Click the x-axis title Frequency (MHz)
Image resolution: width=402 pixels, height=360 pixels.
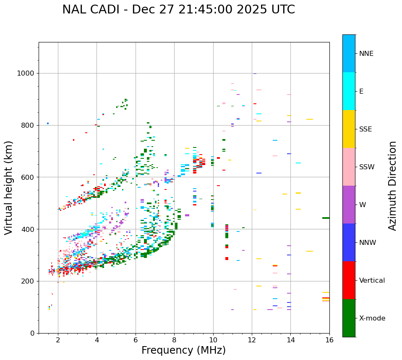click(183, 350)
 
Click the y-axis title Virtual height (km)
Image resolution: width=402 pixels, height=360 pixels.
click(9, 187)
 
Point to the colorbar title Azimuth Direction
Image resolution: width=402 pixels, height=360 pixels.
click(392, 186)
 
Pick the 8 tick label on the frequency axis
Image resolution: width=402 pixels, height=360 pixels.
click(175, 340)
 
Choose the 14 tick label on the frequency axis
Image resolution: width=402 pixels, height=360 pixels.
click(291, 340)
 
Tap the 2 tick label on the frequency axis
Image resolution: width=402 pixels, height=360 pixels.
click(58, 340)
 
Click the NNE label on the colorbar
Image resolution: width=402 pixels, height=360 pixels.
click(366, 54)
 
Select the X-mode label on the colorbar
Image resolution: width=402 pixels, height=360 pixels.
click(372, 318)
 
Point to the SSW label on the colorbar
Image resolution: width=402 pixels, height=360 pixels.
click(367, 167)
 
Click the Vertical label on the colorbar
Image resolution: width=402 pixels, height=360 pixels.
click(372, 281)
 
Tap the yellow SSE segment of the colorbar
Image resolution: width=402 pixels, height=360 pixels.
click(349, 129)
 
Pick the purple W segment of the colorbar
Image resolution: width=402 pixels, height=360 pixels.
click(349, 205)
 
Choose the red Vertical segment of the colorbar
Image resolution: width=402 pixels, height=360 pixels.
click(349, 280)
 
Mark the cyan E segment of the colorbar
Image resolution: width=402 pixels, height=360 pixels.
click(349, 91)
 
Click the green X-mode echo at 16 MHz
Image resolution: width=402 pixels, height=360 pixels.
click(326, 218)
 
